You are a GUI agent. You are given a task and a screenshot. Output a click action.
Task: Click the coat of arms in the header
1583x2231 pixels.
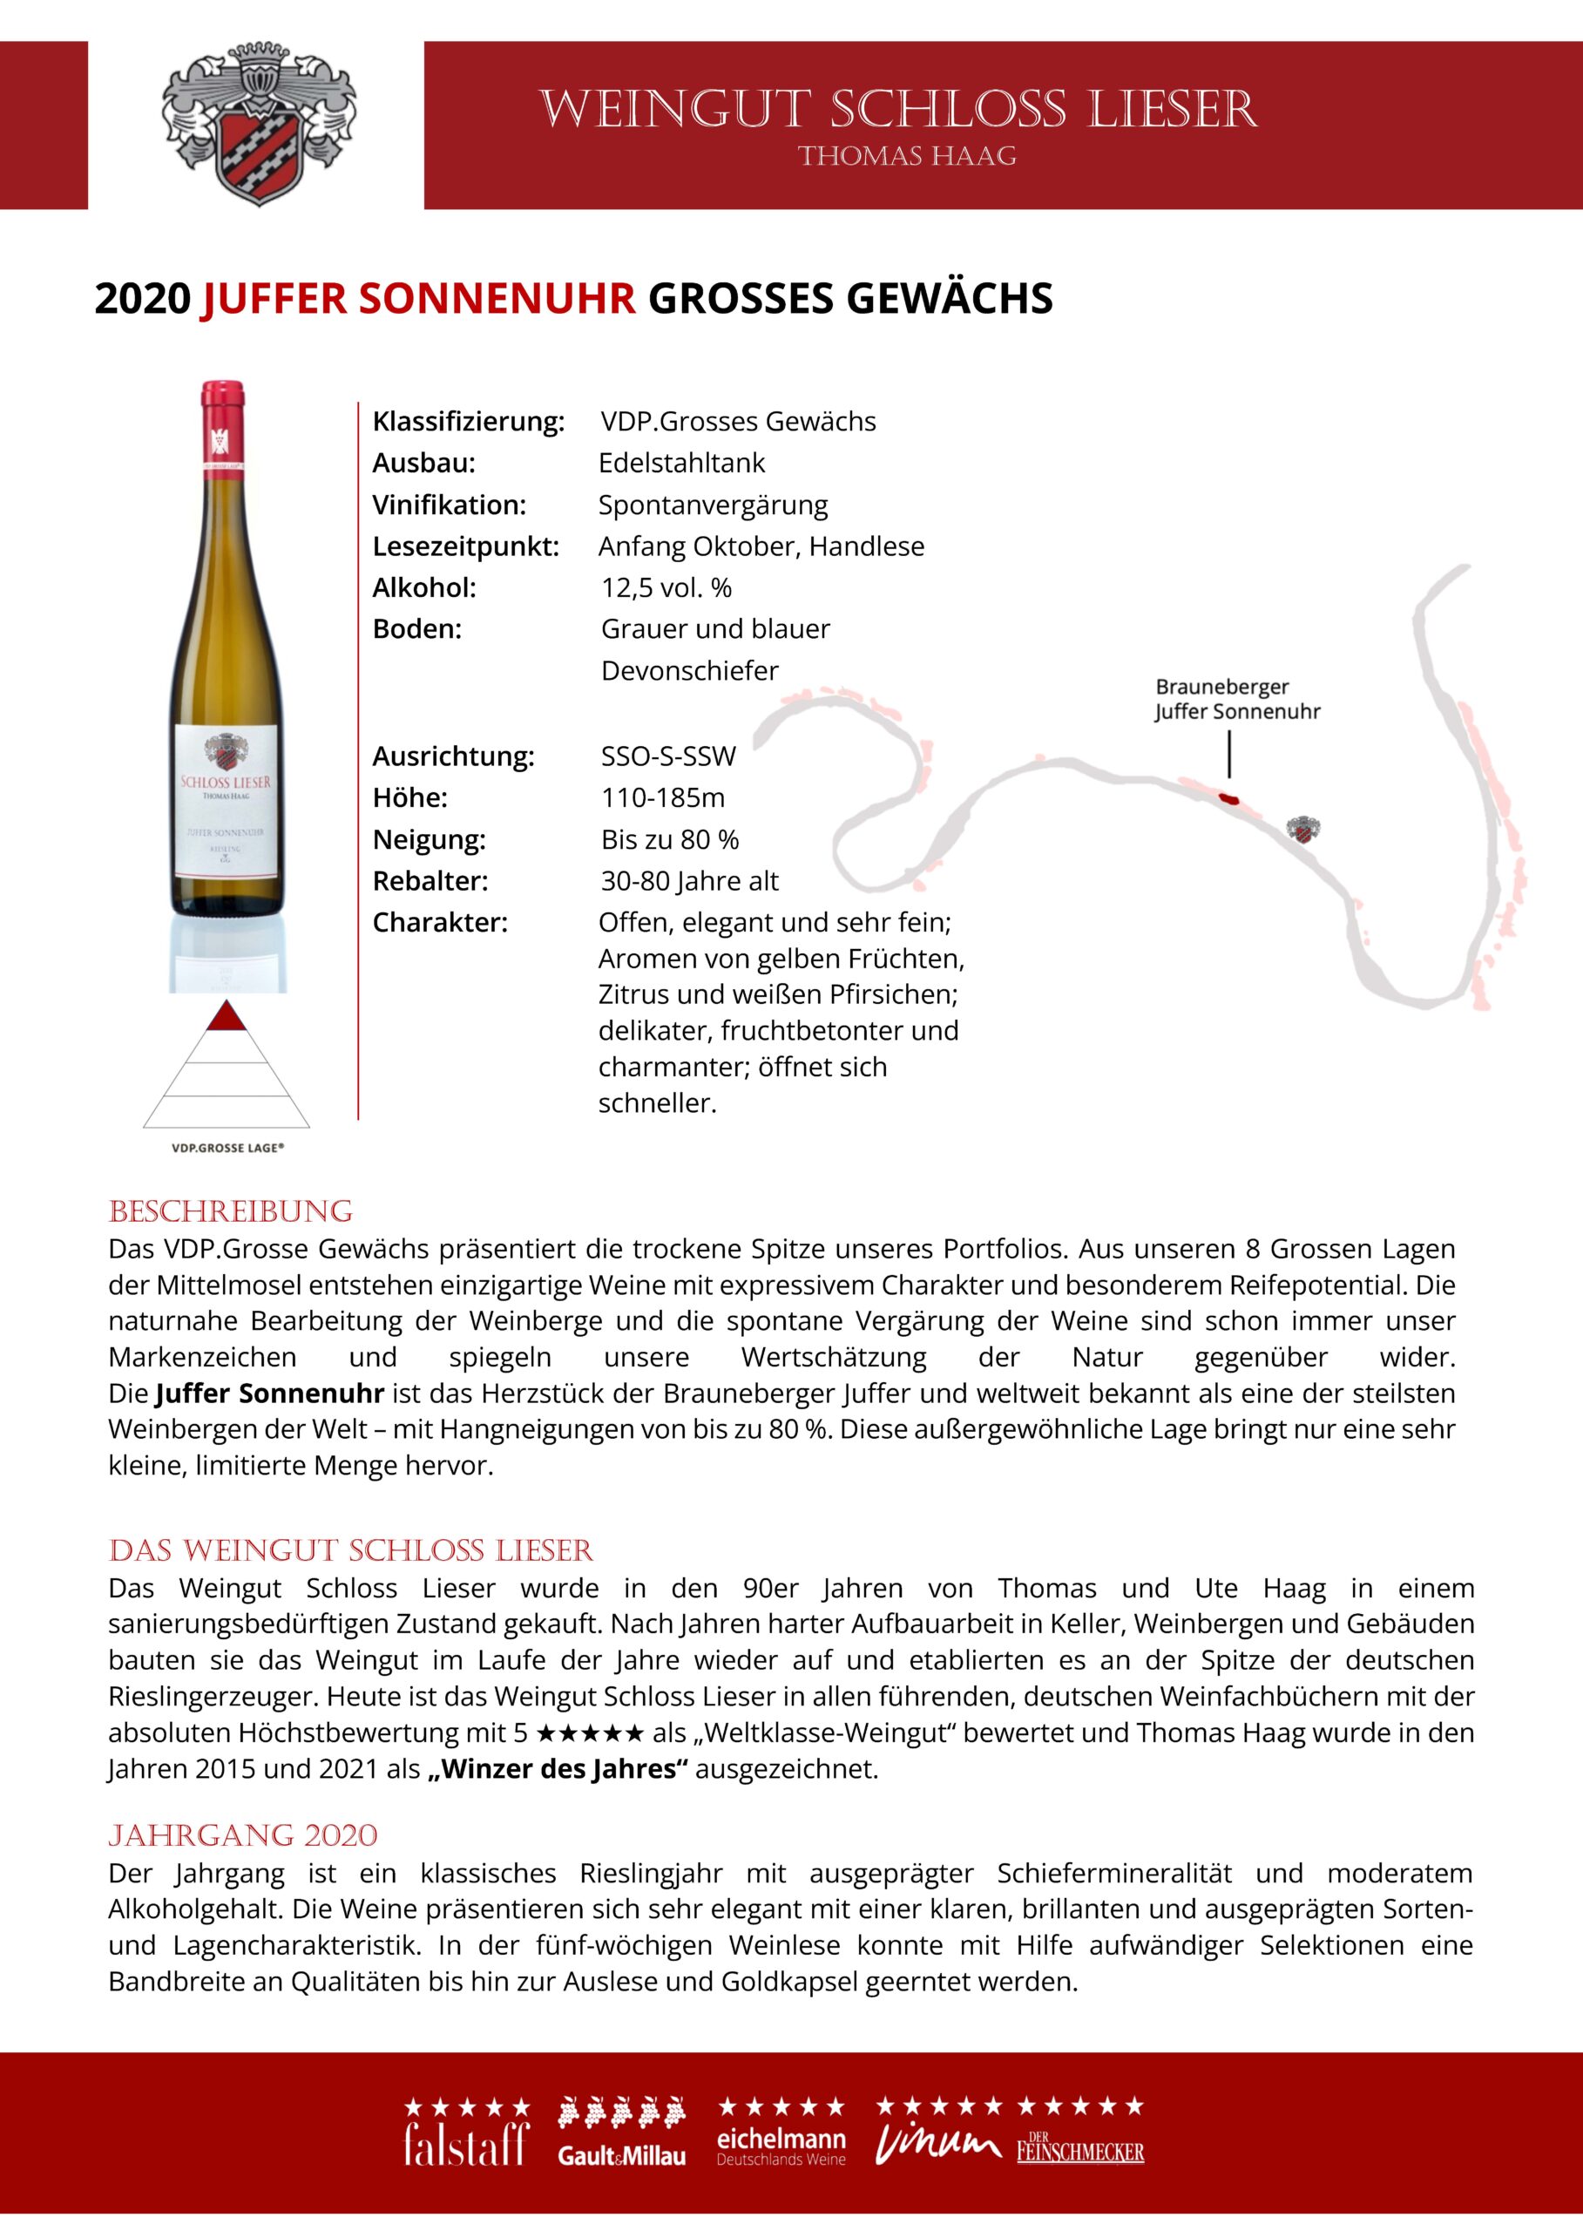pyautogui.click(x=258, y=125)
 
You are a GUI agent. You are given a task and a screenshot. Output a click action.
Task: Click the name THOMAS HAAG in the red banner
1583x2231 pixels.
pyautogui.click(x=907, y=156)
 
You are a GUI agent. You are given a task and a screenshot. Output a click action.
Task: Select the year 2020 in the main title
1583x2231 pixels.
pyautogui.click(x=142, y=298)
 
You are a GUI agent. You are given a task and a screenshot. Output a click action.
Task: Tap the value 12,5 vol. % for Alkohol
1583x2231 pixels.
pyautogui.click(x=666, y=588)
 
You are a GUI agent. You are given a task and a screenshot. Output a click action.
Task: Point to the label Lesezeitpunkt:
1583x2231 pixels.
pyautogui.click(x=466, y=546)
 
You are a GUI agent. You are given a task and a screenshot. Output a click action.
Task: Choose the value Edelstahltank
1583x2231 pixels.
pyautogui.click(x=681, y=463)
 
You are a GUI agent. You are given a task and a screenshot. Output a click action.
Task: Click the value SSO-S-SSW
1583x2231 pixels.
pyautogui.click(x=667, y=756)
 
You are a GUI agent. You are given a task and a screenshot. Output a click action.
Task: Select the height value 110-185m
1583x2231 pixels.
pyautogui.click(x=663, y=797)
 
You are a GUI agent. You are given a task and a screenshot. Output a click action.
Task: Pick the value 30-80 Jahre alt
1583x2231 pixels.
pyautogui.click(x=689, y=880)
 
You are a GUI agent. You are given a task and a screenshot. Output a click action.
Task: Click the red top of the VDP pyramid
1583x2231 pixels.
pyautogui.click(x=227, y=1017)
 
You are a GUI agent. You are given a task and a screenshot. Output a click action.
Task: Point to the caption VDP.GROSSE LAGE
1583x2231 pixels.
pyautogui.click(x=227, y=1148)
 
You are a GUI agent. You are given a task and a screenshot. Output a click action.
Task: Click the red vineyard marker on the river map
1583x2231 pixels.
pyautogui.click(x=1229, y=799)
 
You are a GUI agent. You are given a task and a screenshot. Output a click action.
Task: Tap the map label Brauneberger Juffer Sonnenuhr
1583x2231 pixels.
pyautogui.click(x=1236, y=699)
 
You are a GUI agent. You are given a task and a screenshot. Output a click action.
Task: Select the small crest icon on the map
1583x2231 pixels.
pyautogui.click(x=1302, y=830)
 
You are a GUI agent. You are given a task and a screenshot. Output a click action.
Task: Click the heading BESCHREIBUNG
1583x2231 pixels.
pyautogui.click(x=230, y=1211)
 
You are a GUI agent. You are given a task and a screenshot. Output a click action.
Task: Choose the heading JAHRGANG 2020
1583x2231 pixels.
pyautogui.click(x=243, y=1835)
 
